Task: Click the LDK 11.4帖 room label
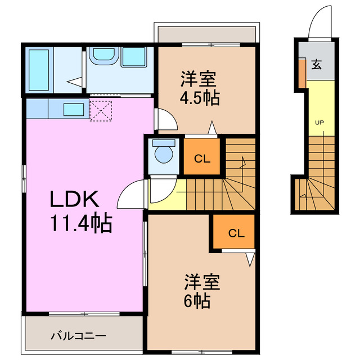coord(81,211)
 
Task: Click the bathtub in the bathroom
coord(39,70)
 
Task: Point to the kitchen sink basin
coord(74,109)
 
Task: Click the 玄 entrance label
coord(316,65)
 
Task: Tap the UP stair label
coord(318,122)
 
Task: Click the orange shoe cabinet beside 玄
coord(302,72)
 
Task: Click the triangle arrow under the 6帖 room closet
coord(250,259)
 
